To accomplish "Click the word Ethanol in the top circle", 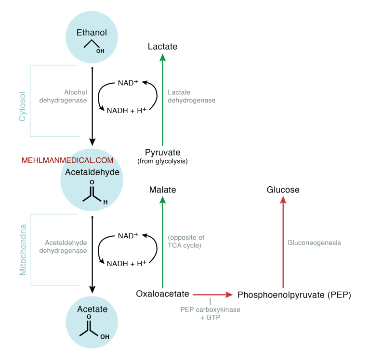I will point(92,33).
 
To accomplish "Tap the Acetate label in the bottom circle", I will point(92,309).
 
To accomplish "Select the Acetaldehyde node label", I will point(92,172).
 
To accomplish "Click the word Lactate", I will point(162,47).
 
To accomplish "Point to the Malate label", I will point(162,190).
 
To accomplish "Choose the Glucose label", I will point(283,190).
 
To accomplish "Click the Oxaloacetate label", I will point(162,294).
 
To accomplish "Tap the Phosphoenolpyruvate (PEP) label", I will point(294,294).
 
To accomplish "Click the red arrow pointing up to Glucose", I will point(283,241).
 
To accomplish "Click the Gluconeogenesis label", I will point(314,243).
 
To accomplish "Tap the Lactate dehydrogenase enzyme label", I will point(191,96).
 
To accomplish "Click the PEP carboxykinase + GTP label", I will point(210,313).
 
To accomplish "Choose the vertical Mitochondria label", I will point(22,249).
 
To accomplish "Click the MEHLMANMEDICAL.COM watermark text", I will point(67,161).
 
